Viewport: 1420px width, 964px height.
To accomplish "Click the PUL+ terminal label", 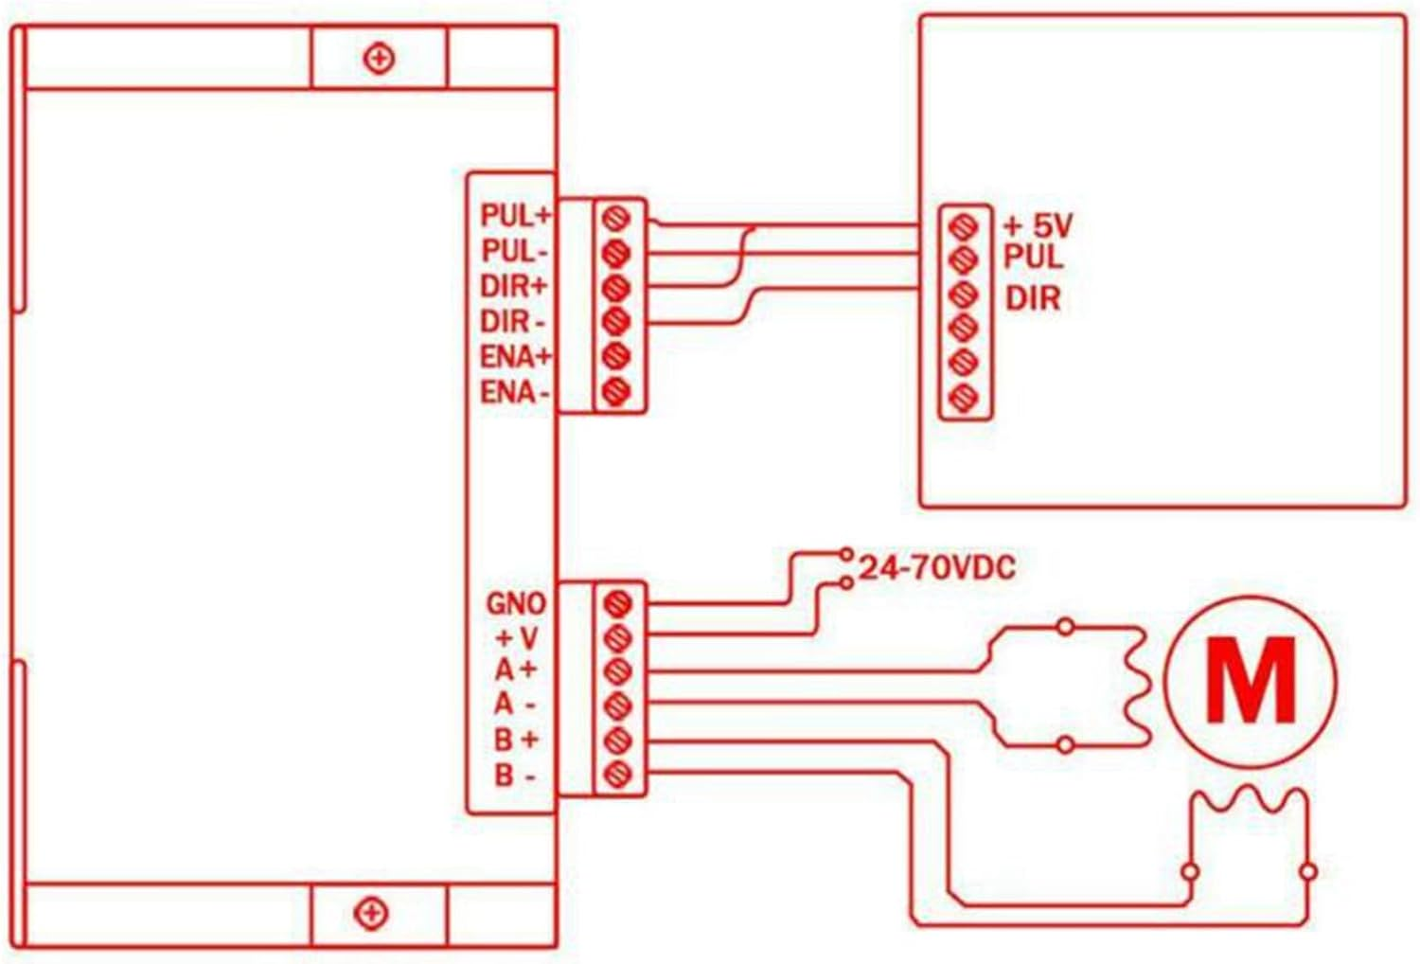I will click(514, 216).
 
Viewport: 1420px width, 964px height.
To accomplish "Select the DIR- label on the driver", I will click(512, 322).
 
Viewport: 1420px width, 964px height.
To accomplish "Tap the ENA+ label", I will click(515, 357).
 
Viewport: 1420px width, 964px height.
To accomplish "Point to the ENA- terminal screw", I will click(616, 389).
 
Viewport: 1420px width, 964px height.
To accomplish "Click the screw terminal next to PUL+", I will click(616, 219).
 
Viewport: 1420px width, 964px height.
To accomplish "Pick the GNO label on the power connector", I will click(515, 603).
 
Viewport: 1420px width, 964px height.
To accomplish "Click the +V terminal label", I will click(517, 637).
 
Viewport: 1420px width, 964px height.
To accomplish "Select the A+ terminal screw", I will click(617, 670).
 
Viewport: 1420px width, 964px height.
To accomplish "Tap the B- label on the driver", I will click(515, 776).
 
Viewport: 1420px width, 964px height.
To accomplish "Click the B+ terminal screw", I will click(617, 739).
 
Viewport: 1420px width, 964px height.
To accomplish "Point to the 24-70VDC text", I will click(936, 568).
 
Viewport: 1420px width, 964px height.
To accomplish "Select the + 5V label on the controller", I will click(1038, 225).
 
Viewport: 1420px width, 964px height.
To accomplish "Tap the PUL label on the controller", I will click(1033, 256).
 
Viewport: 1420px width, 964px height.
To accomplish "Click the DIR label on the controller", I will click(1032, 299).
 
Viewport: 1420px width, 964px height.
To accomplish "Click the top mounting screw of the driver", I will click(379, 59).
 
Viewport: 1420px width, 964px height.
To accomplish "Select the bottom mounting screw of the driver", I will click(370, 914).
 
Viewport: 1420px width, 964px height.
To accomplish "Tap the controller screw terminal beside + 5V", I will click(964, 226).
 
